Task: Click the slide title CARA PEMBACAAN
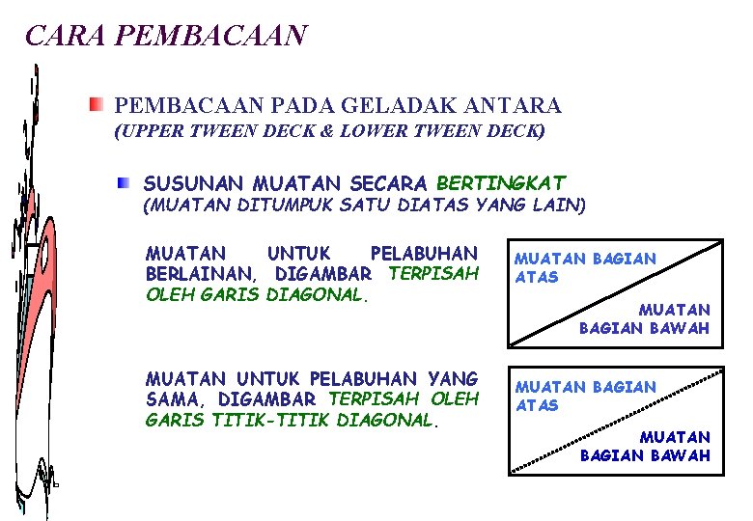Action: pyautogui.click(x=165, y=36)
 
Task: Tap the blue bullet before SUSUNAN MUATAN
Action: pyautogui.click(x=124, y=181)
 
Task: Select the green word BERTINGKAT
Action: pyautogui.click(x=501, y=182)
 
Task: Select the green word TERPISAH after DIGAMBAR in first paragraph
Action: pyautogui.click(x=432, y=273)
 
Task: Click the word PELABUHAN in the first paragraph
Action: pyautogui.click(x=424, y=254)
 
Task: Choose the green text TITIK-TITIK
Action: pyautogui.click(x=270, y=420)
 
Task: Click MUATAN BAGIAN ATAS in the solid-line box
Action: pyautogui.click(x=584, y=267)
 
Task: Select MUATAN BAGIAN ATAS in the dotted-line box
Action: pyautogui.click(x=584, y=396)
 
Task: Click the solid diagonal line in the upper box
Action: pyautogui.click(x=617, y=291)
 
